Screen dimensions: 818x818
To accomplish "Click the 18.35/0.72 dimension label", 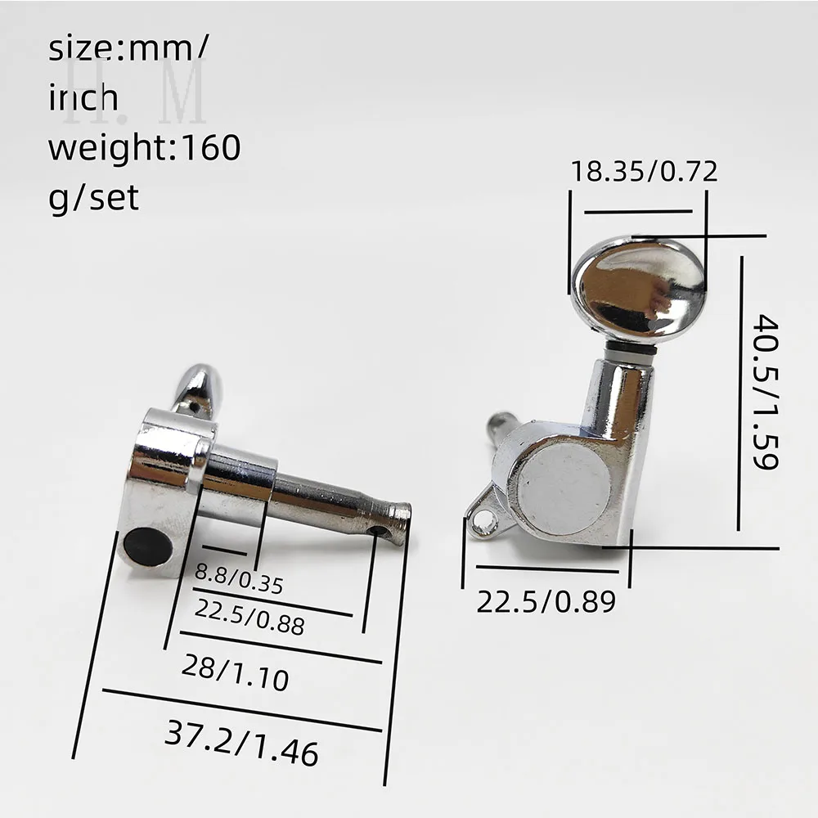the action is tap(645, 171).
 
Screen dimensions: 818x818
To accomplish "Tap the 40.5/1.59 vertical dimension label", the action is tap(766, 392).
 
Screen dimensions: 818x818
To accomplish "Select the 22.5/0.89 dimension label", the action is tap(546, 601).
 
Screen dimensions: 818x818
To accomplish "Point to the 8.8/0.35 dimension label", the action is tap(239, 578).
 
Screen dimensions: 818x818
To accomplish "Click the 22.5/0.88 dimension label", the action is tap(249, 617).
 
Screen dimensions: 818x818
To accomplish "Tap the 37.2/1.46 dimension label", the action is tap(241, 743).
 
